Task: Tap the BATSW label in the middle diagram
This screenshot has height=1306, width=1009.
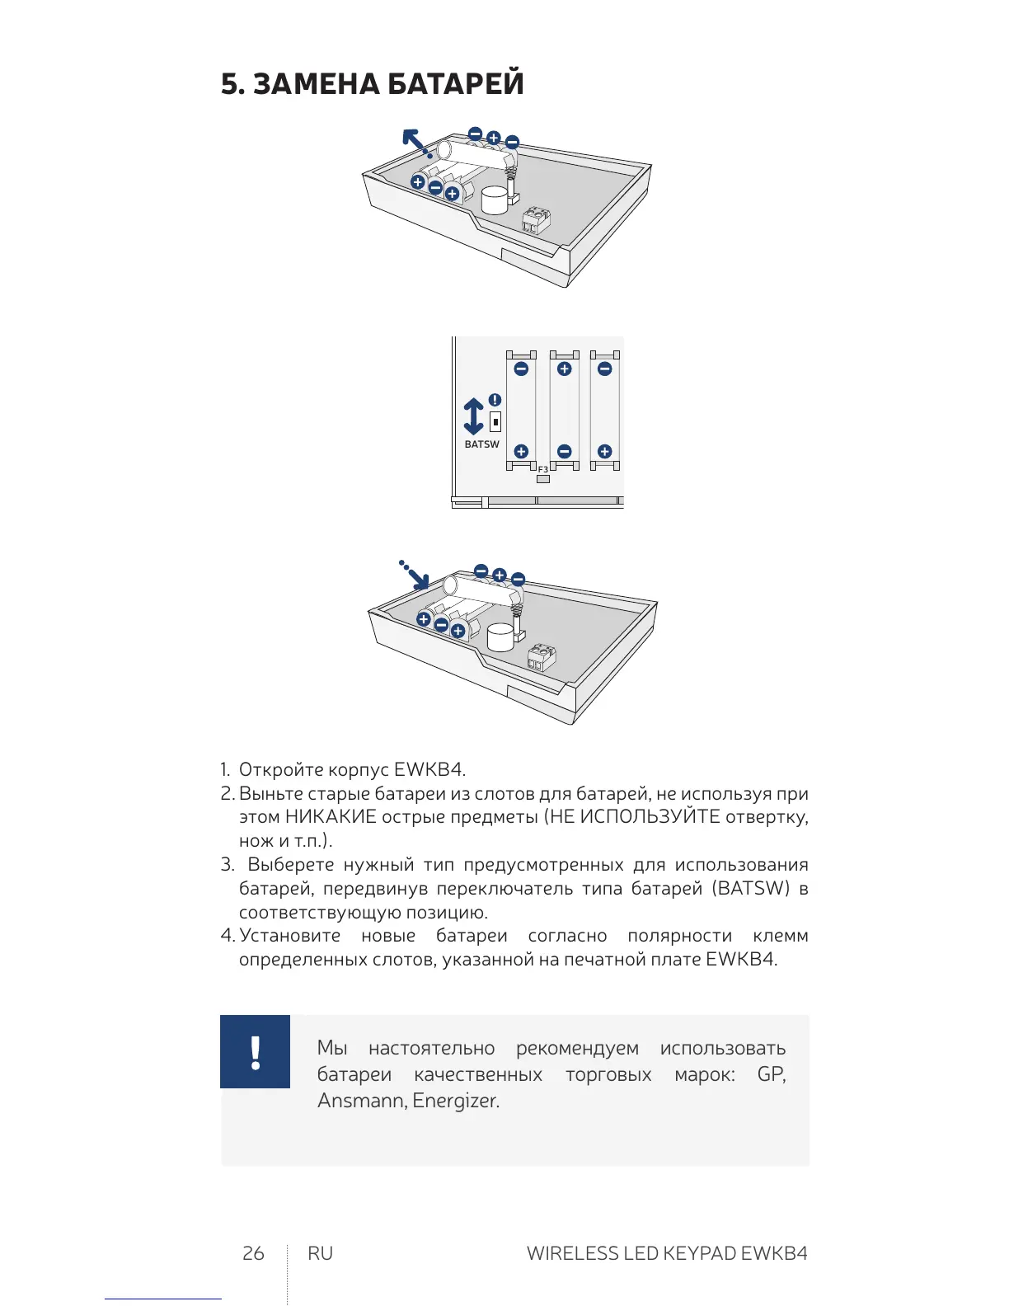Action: pos(481,444)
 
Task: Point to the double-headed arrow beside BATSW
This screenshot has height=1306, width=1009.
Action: pos(473,416)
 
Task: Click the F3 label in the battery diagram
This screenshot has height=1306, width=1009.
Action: pos(542,469)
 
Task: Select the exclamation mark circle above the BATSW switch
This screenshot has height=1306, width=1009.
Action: pos(495,400)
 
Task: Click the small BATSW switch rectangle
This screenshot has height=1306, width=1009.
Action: pos(495,421)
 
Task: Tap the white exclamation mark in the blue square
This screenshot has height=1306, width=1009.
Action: pos(256,1052)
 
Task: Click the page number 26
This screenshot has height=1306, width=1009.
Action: pos(253,1253)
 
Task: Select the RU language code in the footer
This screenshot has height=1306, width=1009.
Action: pos(320,1253)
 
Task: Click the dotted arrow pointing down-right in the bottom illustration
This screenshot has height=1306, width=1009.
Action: pos(415,575)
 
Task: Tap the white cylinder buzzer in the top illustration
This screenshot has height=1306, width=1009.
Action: pos(495,200)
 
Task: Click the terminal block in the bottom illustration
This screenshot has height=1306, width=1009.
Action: pos(541,657)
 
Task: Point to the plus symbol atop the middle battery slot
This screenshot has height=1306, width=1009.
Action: pos(564,369)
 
